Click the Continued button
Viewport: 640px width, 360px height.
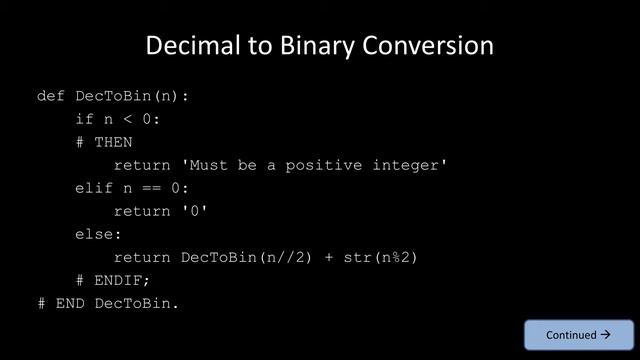(578, 335)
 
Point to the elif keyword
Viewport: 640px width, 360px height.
(94, 188)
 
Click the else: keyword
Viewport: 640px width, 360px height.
(98, 234)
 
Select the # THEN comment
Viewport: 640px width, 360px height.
(104, 142)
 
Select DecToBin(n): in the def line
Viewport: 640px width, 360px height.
(132, 96)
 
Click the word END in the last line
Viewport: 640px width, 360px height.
(70, 303)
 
